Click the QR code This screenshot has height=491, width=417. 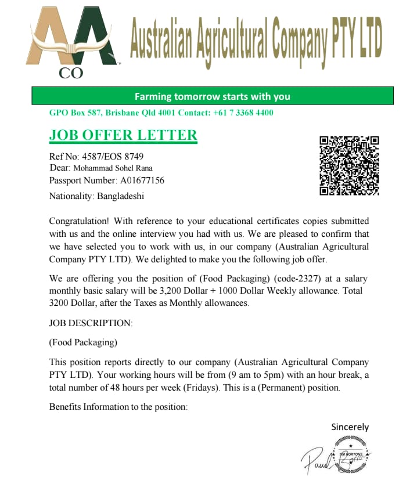point(349,165)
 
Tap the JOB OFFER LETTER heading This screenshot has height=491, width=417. point(123,135)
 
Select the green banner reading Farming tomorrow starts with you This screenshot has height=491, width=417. point(212,96)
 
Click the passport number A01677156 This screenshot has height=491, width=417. point(142,180)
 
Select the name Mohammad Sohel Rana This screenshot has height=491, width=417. point(112,168)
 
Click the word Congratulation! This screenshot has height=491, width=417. point(79,221)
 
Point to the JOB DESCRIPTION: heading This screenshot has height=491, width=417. point(91,323)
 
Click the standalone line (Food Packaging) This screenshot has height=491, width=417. point(84,342)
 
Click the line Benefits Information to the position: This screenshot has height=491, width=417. point(119,407)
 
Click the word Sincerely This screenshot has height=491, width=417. point(350,427)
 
